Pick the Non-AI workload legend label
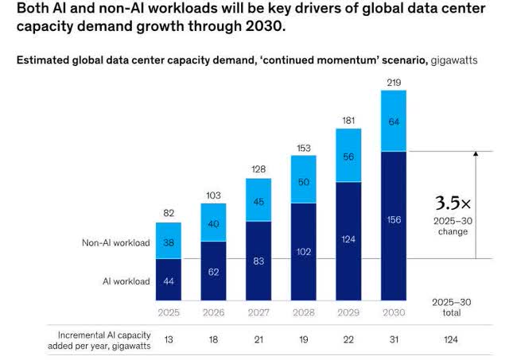pos(116,242)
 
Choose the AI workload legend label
pos(126,280)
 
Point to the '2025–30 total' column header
pos(451,308)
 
